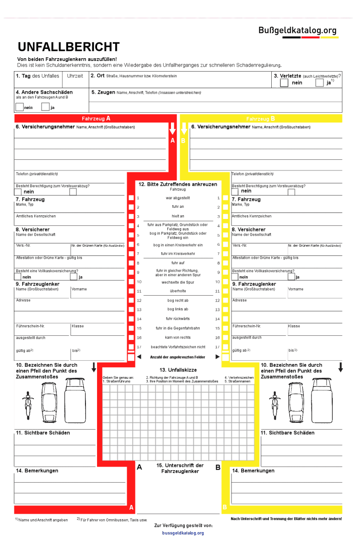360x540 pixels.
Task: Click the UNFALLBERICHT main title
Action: pos(68,47)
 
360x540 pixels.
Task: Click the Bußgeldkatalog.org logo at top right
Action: pos(298,30)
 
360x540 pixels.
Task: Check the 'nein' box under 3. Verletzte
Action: pos(284,83)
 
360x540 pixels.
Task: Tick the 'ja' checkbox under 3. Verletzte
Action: pos(319,83)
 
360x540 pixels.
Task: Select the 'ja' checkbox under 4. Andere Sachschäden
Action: pos(45,107)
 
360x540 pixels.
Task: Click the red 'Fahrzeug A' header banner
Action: pos(96,119)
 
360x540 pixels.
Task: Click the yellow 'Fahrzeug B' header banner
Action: pos(261,119)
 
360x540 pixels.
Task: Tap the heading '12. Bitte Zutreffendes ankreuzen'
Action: pos(177,184)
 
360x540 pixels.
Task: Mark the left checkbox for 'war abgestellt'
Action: pos(131,198)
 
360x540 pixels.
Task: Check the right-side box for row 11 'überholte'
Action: pos(225,291)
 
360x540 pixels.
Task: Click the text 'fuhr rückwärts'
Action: pos(177,319)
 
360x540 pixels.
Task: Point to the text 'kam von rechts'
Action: pos(177,337)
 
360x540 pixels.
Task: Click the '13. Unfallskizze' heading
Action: pos(178,370)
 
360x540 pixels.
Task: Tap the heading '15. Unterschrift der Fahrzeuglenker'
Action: pos(180,468)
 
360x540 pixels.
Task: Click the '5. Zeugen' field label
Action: pos(103,92)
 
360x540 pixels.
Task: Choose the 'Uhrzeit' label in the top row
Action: pos(75,76)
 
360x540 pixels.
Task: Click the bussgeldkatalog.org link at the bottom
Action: pos(183,533)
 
